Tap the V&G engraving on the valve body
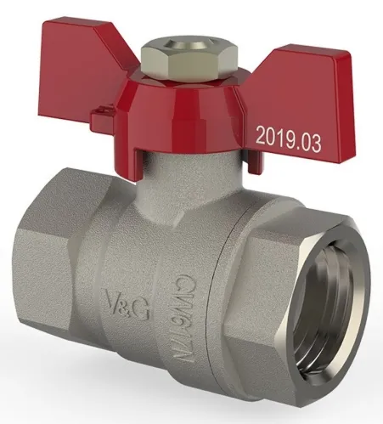(125, 302)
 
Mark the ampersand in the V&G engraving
(125, 302)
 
